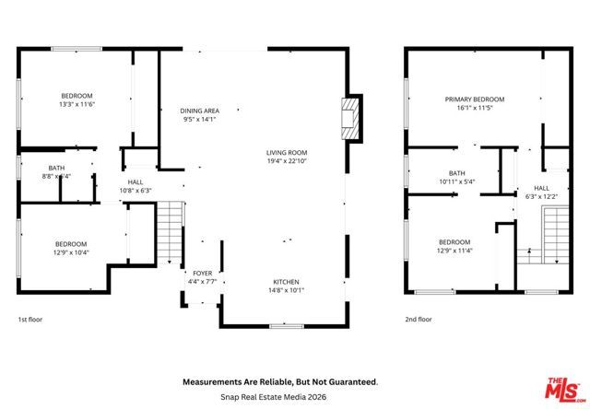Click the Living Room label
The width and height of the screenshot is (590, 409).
click(x=287, y=153)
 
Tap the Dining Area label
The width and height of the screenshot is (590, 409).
click(x=199, y=111)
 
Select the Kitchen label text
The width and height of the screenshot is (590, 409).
click(x=287, y=282)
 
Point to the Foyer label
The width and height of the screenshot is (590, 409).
click(x=202, y=274)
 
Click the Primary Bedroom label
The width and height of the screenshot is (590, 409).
click(x=475, y=99)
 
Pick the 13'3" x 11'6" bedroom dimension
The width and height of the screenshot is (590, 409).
click(x=77, y=104)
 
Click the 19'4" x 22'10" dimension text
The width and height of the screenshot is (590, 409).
click(x=287, y=161)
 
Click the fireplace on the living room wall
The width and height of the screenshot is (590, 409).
click(x=348, y=118)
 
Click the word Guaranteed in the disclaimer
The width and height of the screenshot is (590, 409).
click(x=348, y=380)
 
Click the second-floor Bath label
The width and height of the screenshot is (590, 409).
click(x=457, y=173)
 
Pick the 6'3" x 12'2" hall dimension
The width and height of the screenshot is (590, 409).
click(x=541, y=195)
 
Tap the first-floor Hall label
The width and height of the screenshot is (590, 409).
click(x=135, y=182)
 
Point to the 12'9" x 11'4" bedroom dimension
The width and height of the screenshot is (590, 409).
click(x=455, y=250)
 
